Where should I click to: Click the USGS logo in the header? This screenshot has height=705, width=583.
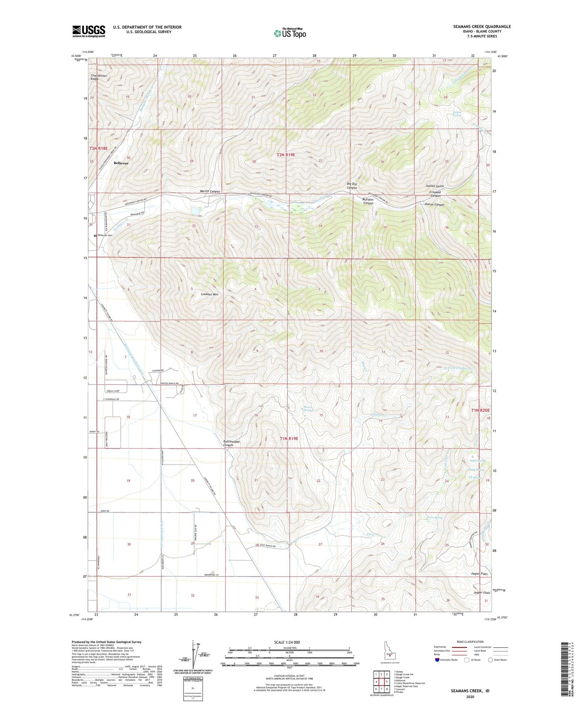[x=88, y=31]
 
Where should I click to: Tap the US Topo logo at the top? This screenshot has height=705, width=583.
[x=290, y=33]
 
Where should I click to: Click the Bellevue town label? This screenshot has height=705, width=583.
[x=121, y=163]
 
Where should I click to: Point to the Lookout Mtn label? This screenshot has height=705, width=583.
[x=209, y=294]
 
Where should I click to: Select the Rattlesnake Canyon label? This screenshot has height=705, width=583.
[x=232, y=443]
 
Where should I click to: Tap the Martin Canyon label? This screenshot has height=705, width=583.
[x=210, y=191]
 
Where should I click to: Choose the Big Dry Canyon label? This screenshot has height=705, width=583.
[x=352, y=186]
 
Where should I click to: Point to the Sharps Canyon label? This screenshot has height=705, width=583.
[x=434, y=205]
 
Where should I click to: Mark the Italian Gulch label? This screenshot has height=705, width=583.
[x=435, y=186]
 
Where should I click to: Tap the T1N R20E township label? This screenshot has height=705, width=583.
[x=480, y=410]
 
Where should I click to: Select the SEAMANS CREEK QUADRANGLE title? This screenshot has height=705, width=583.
[x=482, y=27]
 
